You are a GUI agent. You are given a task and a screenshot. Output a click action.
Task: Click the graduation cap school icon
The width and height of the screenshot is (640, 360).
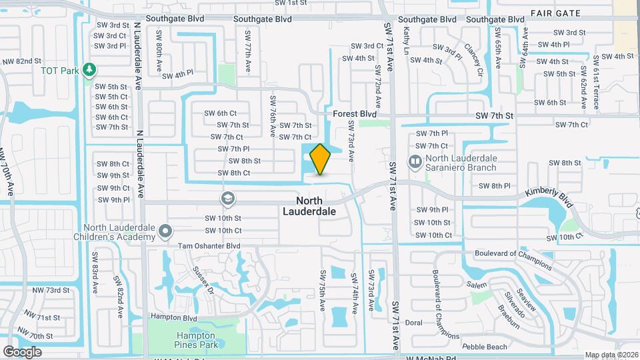(x=228, y=199)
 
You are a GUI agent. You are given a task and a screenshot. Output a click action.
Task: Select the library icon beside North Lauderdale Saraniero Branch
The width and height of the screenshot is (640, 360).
(x=415, y=162)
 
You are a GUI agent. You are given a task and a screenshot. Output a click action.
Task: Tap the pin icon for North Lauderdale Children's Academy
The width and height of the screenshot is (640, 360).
(x=166, y=231)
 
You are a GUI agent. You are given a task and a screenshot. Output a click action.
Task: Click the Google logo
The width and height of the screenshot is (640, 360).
(x=22, y=351)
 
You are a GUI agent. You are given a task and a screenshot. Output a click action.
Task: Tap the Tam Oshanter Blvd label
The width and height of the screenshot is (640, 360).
(x=209, y=246)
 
